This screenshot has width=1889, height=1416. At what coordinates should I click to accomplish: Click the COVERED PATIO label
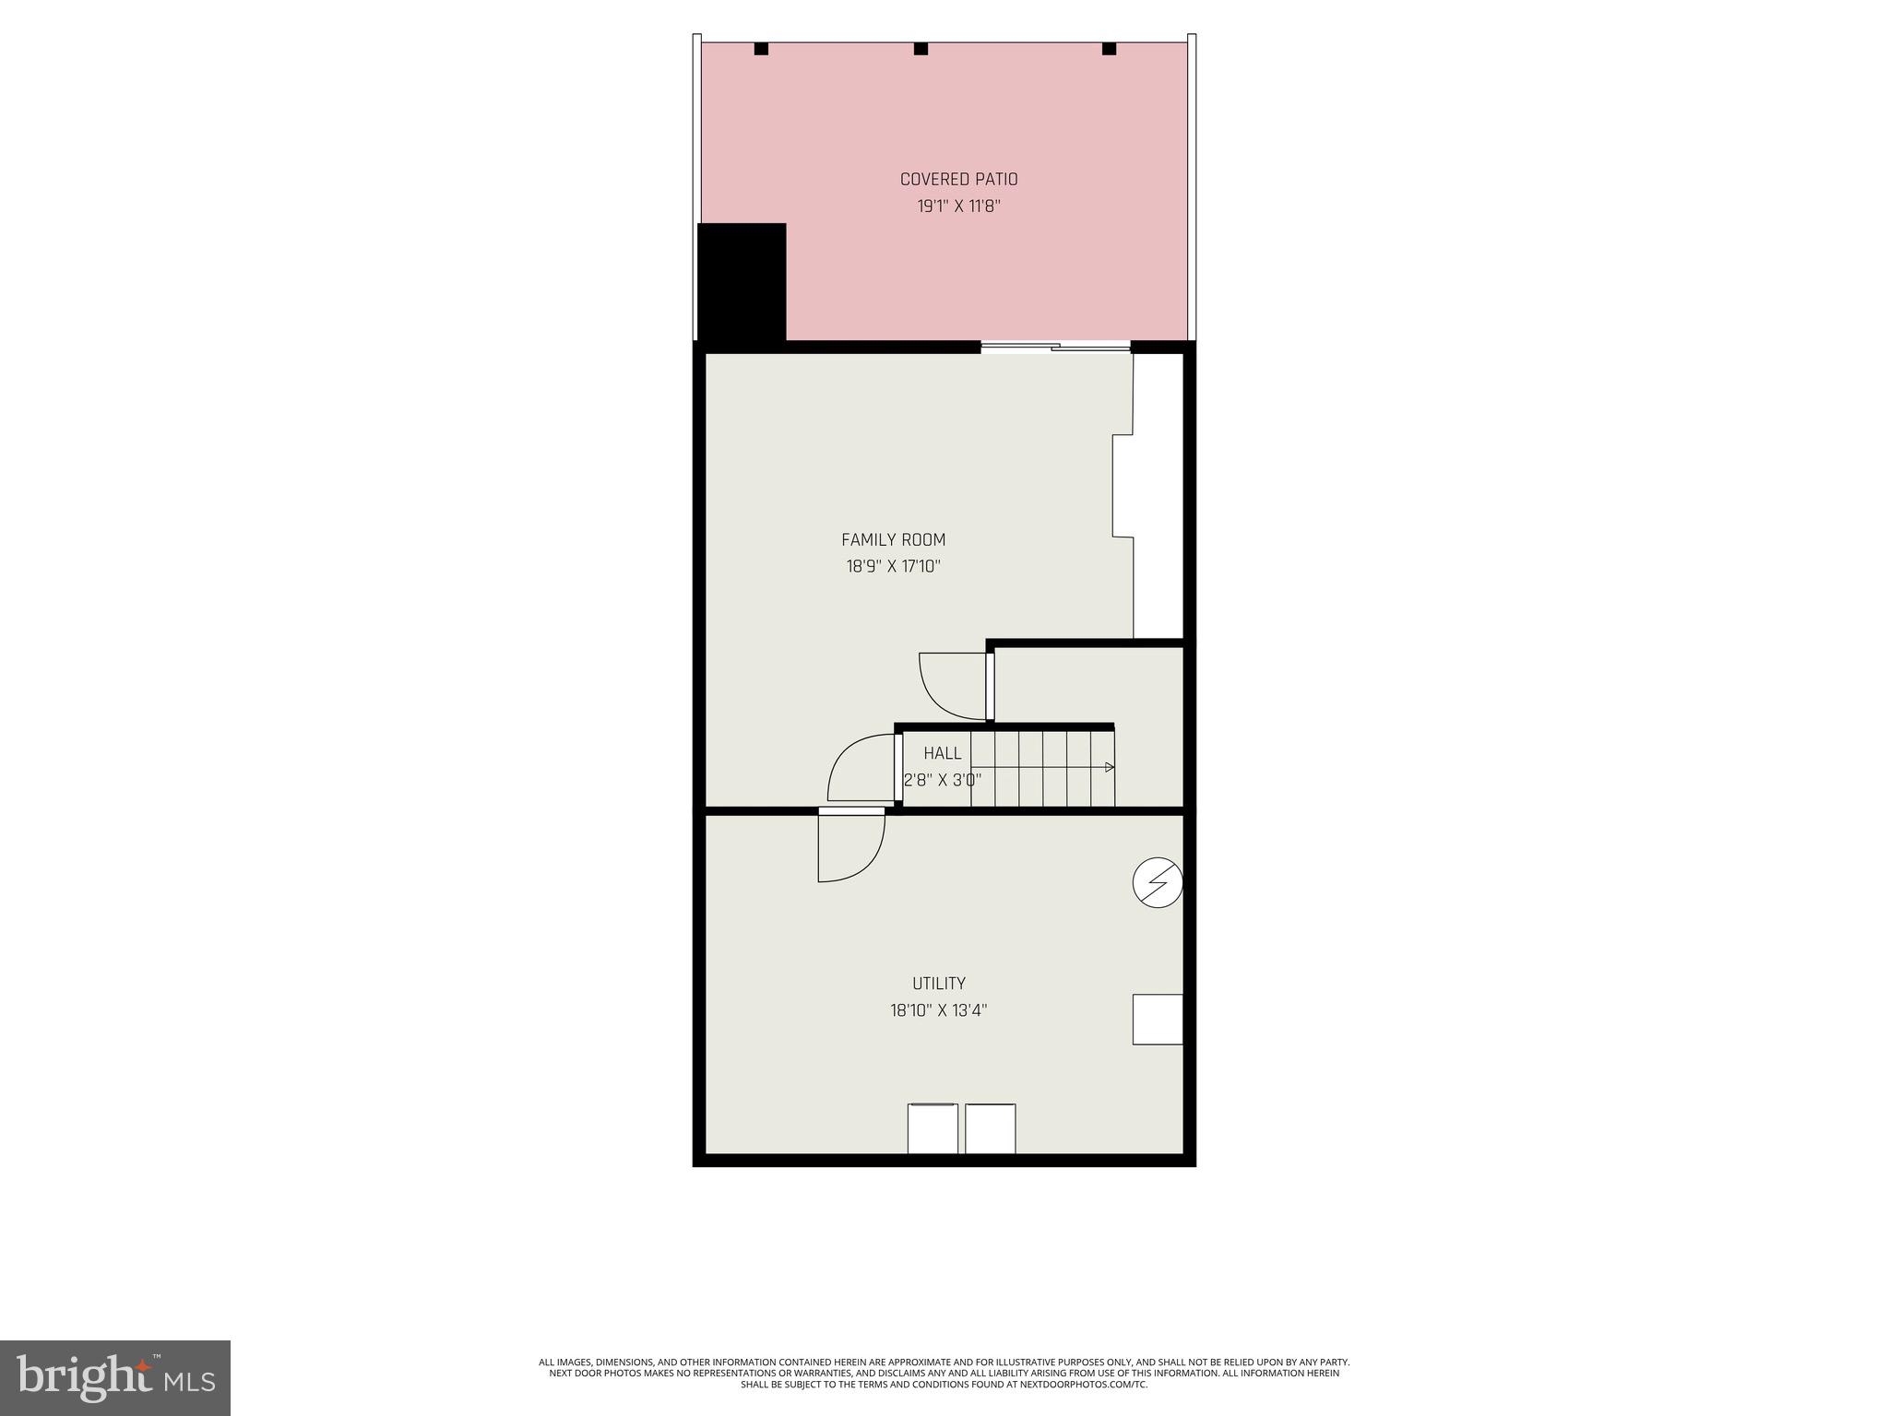click(958, 180)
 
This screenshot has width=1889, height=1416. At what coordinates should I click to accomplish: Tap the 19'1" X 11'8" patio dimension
click(958, 206)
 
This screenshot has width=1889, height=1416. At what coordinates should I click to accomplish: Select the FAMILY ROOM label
click(893, 540)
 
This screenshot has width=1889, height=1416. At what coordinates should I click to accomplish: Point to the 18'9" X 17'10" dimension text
click(893, 566)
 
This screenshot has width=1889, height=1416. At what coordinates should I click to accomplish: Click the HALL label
click(942, 754)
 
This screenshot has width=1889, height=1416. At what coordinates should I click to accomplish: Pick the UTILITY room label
click(939, 984)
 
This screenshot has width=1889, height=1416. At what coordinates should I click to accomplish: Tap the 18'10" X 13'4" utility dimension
click(939, 1010)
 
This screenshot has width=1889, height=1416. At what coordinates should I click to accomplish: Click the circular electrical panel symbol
click(1158, 883)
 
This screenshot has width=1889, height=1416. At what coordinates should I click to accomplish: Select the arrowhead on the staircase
click(1110, 767)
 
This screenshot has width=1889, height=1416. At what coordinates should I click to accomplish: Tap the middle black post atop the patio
click(921, 49)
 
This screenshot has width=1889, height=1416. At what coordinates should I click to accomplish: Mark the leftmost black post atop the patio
click(761, 49)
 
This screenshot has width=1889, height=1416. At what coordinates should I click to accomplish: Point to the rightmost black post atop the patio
click(1109, 49)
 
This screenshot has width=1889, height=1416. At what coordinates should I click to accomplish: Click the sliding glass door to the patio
click(1055, 348)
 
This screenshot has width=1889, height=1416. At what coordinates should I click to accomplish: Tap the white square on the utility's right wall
click(1158, 1020)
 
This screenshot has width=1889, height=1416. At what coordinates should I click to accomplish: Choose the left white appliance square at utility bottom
click(933, 1128)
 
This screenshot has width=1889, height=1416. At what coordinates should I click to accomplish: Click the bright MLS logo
click(115, 1378)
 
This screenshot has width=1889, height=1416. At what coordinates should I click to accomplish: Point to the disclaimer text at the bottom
click(944, 1373)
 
